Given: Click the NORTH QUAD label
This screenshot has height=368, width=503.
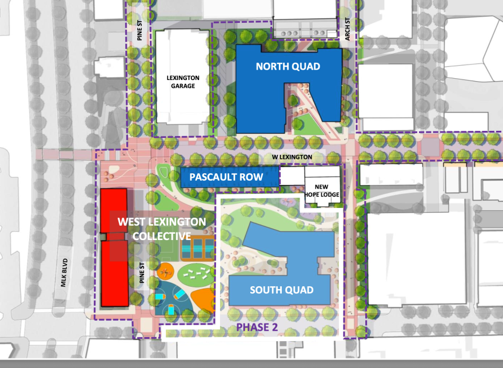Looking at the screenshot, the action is tap(288, 66).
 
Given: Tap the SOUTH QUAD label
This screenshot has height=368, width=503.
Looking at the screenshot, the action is tap(281, 290).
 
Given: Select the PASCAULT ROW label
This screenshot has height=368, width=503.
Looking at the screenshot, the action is tap(226, 177).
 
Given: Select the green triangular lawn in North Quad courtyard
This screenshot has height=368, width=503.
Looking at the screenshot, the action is tap(305, 123).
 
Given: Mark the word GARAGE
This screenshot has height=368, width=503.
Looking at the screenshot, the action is tap(181, 86).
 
